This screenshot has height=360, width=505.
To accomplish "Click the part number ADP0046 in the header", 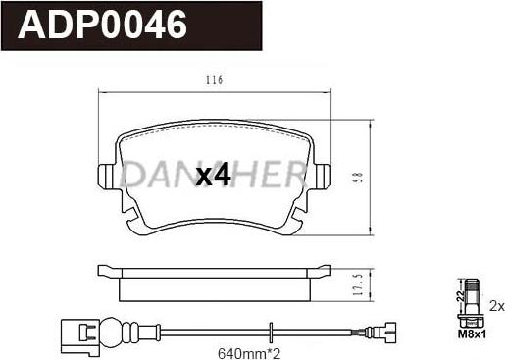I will (x=102, y=25).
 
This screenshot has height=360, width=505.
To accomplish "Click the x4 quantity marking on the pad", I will (x=213, y=176).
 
